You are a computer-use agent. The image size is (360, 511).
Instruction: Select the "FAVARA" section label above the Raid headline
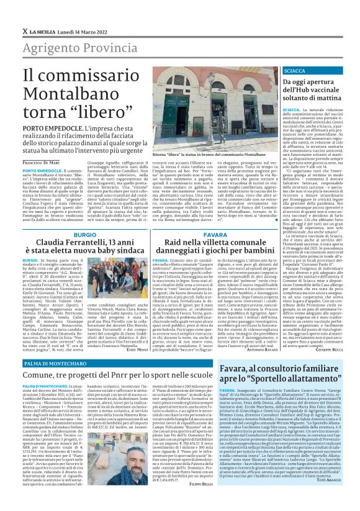point(215,234)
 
